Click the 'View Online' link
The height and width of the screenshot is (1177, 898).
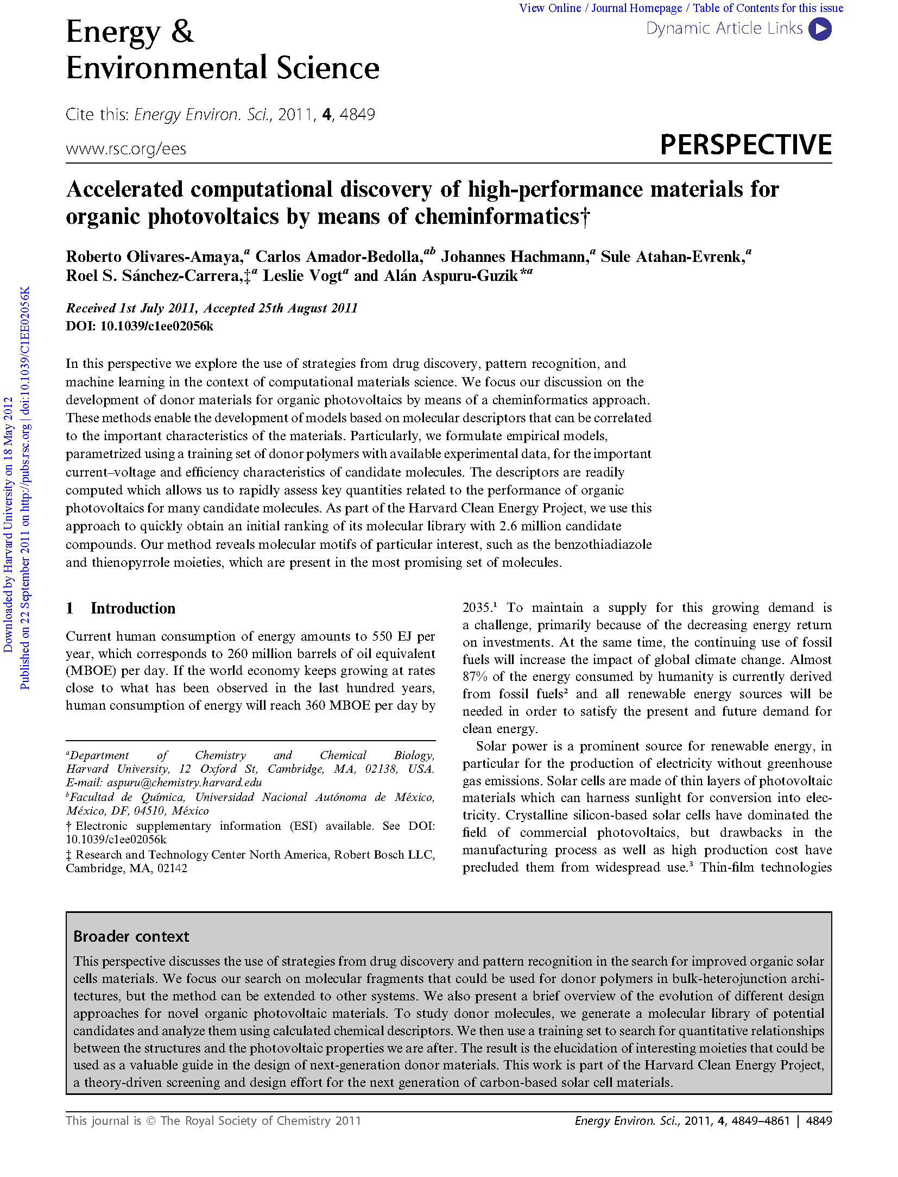(x=549, y=8)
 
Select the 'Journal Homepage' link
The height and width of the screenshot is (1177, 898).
(x=636, y=8)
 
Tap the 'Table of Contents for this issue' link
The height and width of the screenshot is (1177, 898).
(x=768, y=8)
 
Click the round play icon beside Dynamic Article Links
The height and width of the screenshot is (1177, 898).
(x=819, y=29)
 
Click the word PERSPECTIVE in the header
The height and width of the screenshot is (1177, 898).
(x=745, y=145)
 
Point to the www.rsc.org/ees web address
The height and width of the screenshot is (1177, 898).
(x=126, y=149)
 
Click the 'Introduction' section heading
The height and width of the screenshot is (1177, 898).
(x=132, y=608)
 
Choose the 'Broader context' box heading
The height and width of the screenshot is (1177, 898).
(x=131, y=936)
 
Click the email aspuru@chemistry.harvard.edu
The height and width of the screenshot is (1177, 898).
(x=185, y=782)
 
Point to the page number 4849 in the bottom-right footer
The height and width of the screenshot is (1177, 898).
(x=819, y=1120)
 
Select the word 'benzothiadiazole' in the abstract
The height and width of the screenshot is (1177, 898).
(x=603, y=544)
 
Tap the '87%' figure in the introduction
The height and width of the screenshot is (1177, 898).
(x=475, y=677)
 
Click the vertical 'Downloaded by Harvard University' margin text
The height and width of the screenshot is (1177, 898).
(x=8, y=524)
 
